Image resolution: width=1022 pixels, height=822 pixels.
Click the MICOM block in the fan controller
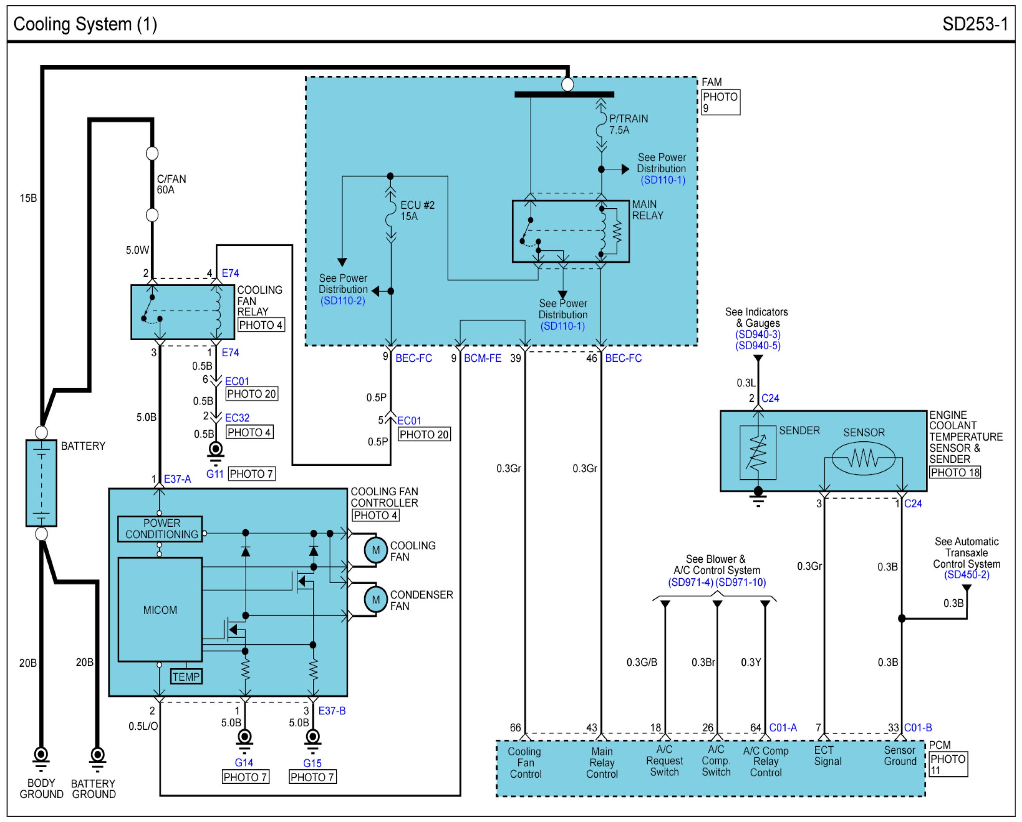(x=160, y=610)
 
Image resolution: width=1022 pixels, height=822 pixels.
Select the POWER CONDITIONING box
(x=160, y=529)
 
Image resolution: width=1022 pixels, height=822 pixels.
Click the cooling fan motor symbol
(x=376, y=550)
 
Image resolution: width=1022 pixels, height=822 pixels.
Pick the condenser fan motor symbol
(x=376, y=599)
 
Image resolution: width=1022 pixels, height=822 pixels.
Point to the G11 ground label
(x=215, y=474)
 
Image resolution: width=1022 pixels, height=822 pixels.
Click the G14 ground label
(x=244, y=763)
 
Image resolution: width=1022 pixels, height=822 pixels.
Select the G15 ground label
(x=312, y=763)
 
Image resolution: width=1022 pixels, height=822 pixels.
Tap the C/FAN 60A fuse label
(x=171, y=184)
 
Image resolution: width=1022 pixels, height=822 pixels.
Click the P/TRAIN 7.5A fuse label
(x=629, y=124)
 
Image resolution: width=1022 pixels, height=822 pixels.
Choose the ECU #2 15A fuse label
(x=417, y=211)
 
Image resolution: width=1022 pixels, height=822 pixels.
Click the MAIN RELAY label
(x=647, y=210)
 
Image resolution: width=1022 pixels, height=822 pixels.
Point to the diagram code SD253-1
(x=975, y=24)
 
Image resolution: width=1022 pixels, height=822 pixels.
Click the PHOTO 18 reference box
(x=955, y=472)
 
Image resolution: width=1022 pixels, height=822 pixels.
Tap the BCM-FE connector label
(x=483, y=358)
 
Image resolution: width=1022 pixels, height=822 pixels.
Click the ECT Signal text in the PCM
(x=828, y=755)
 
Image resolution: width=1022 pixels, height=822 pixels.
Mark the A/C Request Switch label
(x=665, y=761)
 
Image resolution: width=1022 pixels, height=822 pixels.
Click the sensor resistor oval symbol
(x=864, y=458)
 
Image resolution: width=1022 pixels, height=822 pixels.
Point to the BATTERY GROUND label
(x=94, y=789)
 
